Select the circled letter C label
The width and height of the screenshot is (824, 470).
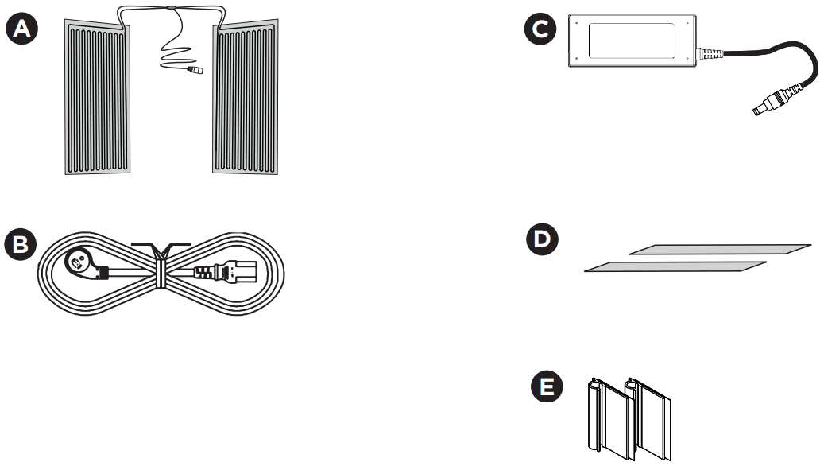coord(540,31)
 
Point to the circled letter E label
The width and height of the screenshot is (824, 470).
coord(547,388)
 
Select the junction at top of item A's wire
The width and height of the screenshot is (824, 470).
coord(170,10)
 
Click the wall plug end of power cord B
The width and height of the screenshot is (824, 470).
coord(83,263)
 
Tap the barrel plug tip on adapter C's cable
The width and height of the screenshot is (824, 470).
coord(764,107)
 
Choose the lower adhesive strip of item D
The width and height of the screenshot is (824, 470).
coord(675,267)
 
